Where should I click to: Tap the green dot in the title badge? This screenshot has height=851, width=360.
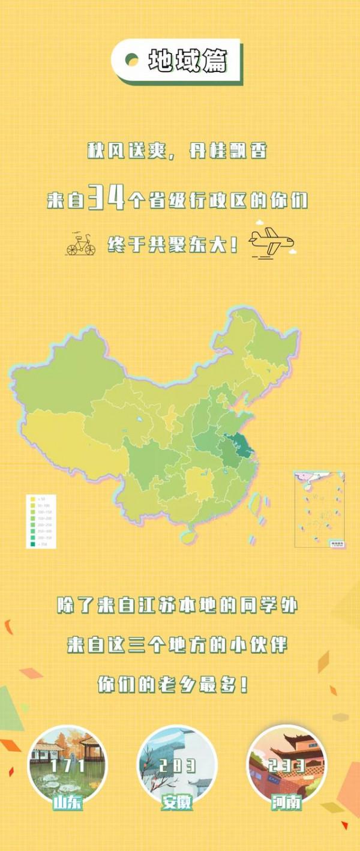131,59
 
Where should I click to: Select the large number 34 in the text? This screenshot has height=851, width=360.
106,198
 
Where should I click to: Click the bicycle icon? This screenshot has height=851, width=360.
81,244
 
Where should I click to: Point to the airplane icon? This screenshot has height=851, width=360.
271,242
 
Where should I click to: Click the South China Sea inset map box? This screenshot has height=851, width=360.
319,509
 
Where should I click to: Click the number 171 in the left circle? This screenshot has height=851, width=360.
68,766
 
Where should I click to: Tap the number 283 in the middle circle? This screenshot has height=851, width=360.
178,766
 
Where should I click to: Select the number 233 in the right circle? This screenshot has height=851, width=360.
287,766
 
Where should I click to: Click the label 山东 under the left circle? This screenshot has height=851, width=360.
68,802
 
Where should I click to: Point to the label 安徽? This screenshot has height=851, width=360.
178,802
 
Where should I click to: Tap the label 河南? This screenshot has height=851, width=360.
287,802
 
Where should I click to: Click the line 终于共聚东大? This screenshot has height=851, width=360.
173,245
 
